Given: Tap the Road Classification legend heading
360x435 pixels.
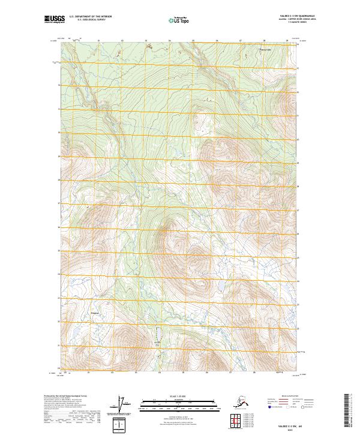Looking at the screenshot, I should tap(289, 397).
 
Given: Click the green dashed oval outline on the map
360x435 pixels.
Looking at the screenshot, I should tap(159, 334).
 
